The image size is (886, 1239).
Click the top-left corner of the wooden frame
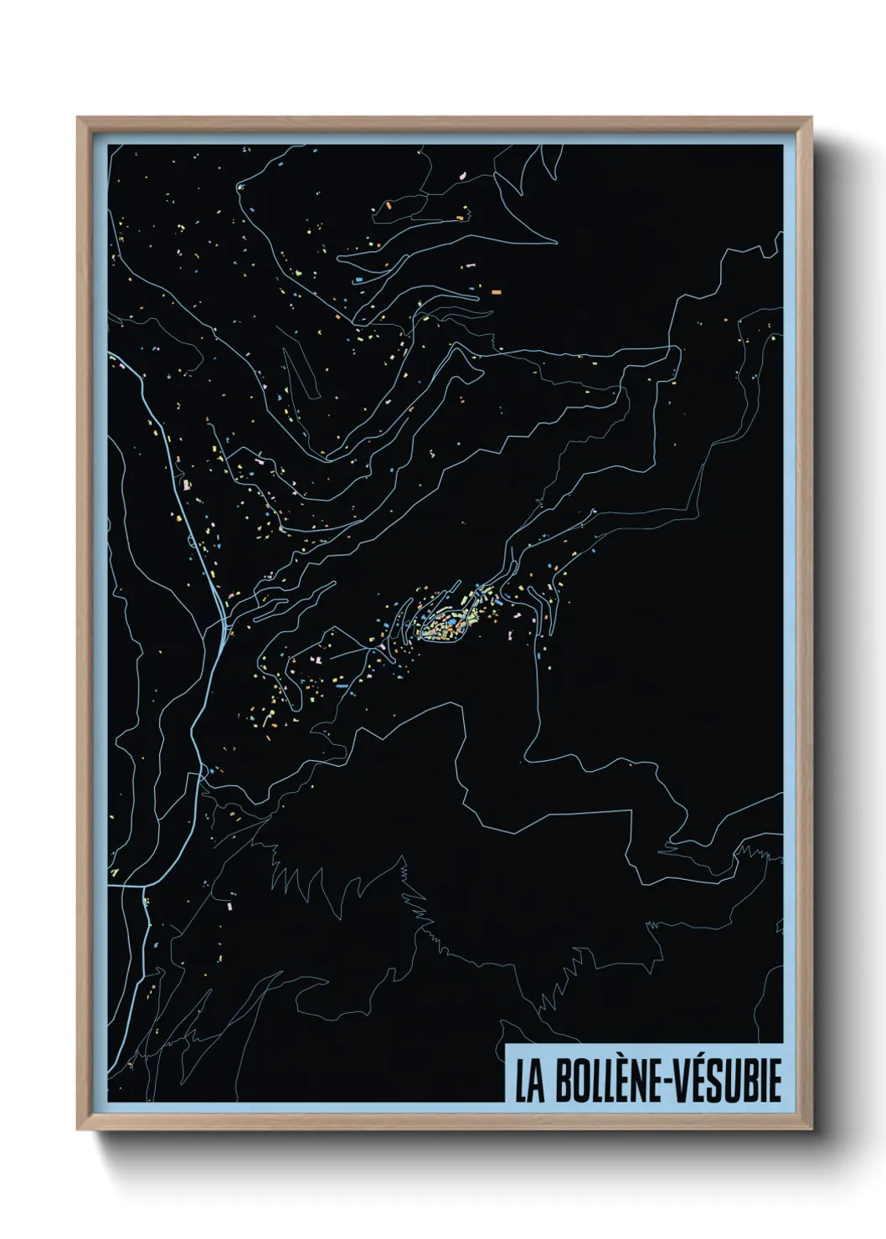[x=78, y=118]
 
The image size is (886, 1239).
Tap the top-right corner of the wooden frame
[x=811, y=118]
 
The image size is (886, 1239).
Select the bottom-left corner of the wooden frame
[x=78, y=1130]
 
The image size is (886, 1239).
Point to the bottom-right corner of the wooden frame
[x=811, y=1130]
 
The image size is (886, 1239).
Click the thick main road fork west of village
[x=221, y=624]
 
